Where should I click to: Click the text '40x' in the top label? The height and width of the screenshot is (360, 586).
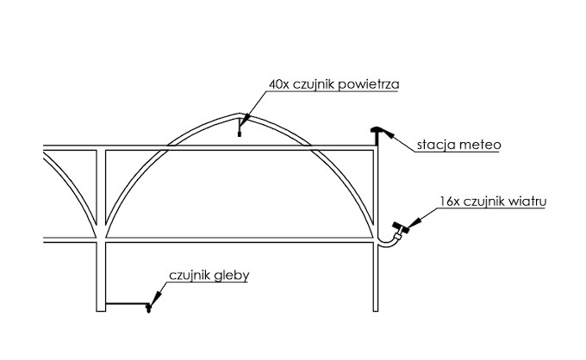[279, 84]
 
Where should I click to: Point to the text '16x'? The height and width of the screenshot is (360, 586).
[447, 202]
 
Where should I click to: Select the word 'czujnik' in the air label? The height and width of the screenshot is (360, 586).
[315, 84]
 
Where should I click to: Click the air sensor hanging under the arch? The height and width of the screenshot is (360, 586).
[240, 130]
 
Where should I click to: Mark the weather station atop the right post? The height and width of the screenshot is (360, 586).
[378, 131]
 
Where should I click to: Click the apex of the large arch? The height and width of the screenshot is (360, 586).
[240, 115]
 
